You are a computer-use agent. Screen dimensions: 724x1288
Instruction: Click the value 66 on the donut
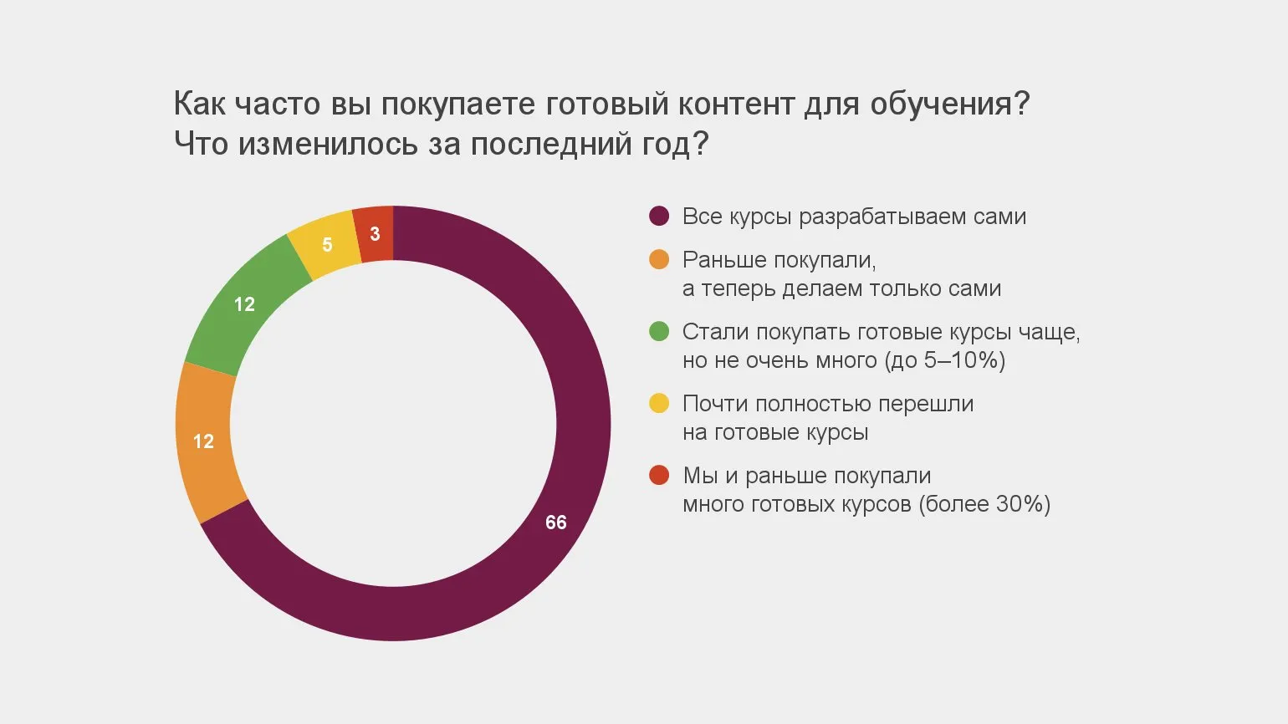point(556,523)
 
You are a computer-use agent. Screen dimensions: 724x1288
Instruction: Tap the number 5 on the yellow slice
point(327,245)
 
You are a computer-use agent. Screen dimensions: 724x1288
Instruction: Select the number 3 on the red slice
point(375,234)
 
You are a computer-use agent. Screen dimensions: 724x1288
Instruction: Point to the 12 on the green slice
point(244,304)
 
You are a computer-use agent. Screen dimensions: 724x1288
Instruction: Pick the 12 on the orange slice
point(203,441)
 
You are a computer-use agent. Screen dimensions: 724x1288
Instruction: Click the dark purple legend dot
point(659,217)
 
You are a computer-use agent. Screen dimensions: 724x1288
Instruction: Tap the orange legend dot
point(659,260)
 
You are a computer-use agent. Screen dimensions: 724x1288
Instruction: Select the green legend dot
point(659,332)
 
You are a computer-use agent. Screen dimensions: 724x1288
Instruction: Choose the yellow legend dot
point(659,404)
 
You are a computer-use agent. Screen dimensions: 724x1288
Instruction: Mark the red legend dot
point(659,476)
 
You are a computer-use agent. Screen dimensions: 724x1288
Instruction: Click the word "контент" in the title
point(736,105)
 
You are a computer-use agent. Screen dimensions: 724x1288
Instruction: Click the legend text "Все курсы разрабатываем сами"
point(854,217)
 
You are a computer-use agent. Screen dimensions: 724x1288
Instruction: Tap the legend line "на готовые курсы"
point(775,432)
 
